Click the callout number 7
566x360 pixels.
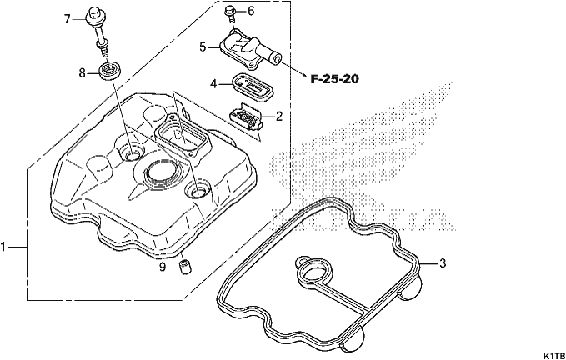tap(68, 19)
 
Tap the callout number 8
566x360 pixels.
tap(83, 73)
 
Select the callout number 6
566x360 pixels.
tap(251, 11)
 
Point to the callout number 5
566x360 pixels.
tap(203, 47)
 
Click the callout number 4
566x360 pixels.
tap(213, 84)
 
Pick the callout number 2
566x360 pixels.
tap(278, 117)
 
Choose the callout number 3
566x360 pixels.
tap(443, 263)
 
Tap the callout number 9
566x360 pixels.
tap(163, 267)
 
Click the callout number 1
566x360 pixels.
tap(3, 247)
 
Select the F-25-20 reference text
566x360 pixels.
tap(334, 79)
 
